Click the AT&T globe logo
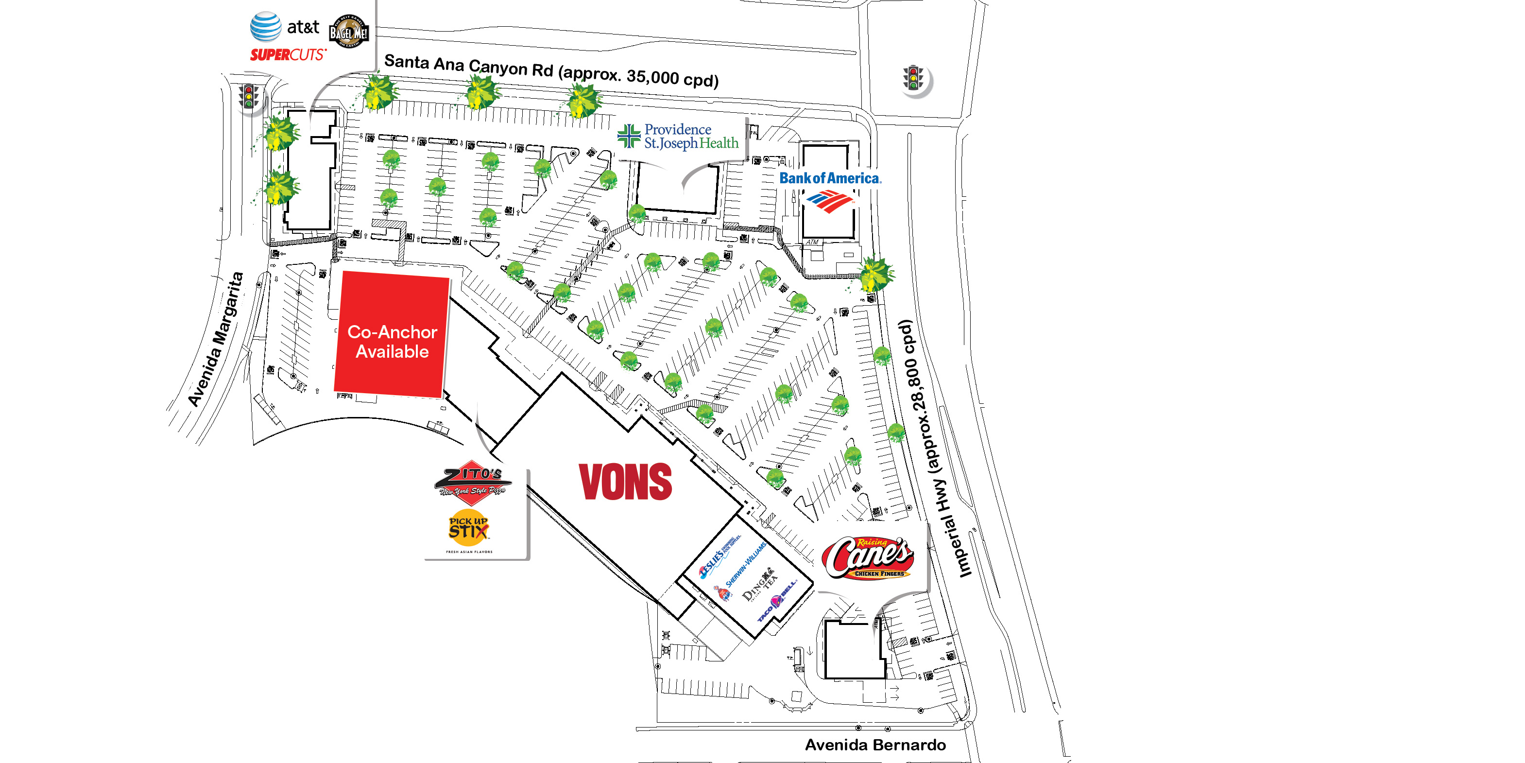coord(265,27)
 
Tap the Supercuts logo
coord(288,55)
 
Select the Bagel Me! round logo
coord(349,32)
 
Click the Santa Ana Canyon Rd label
coord(550,70)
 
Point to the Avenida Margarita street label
coord(216,339)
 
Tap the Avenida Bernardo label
coord(875,745)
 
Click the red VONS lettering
coord(625,482)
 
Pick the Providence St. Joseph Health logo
coord(678,136)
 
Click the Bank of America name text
coord(829,178)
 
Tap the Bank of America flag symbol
coord(829,201)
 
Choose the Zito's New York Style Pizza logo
coord(472,482)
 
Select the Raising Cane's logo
coord(868,557)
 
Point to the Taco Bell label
coord(777,601)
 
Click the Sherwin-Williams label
coord(746,564)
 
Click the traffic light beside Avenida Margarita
coord(249,97)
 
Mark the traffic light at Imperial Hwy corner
coord(913,78)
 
